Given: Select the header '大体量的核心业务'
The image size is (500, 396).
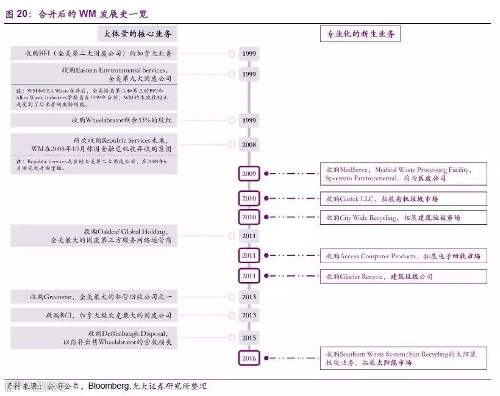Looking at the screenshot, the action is tap(137, 34).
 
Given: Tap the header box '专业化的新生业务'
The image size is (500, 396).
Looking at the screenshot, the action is tap(360, 34).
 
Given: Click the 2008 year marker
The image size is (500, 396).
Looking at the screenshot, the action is tap(249, 145).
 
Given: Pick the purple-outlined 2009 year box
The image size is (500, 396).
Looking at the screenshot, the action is tap(249, 174).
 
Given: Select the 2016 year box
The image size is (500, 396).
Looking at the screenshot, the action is tap(249, 358).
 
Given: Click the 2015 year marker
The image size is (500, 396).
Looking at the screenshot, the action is tap(249, 338).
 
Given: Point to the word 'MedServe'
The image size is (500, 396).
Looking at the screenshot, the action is tap(354, 170).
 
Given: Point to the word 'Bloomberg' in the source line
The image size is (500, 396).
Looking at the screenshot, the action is tap(109, 386).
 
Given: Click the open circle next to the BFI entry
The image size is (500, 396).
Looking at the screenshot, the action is tap(232, 54).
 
